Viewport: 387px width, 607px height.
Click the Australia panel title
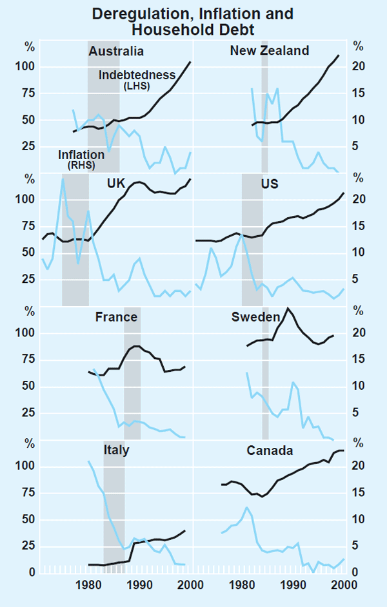pos(116,52)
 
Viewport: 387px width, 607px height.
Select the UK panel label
pos(117,184)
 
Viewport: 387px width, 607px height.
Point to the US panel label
pos(270,184)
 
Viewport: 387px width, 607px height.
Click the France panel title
pos(116,317)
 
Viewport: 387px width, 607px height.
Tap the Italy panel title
pos(116,450)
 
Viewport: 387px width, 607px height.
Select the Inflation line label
pos(81,155)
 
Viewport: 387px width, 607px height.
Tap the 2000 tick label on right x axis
pos(344,585)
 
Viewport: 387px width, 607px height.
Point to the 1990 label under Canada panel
pos(293,585)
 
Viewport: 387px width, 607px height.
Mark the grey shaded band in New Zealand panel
pos(264,116)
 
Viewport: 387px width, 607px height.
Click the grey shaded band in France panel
pos(132,374)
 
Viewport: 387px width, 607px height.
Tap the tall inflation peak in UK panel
pos(63,179)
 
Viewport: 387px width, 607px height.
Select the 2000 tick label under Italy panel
pos(190,585)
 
